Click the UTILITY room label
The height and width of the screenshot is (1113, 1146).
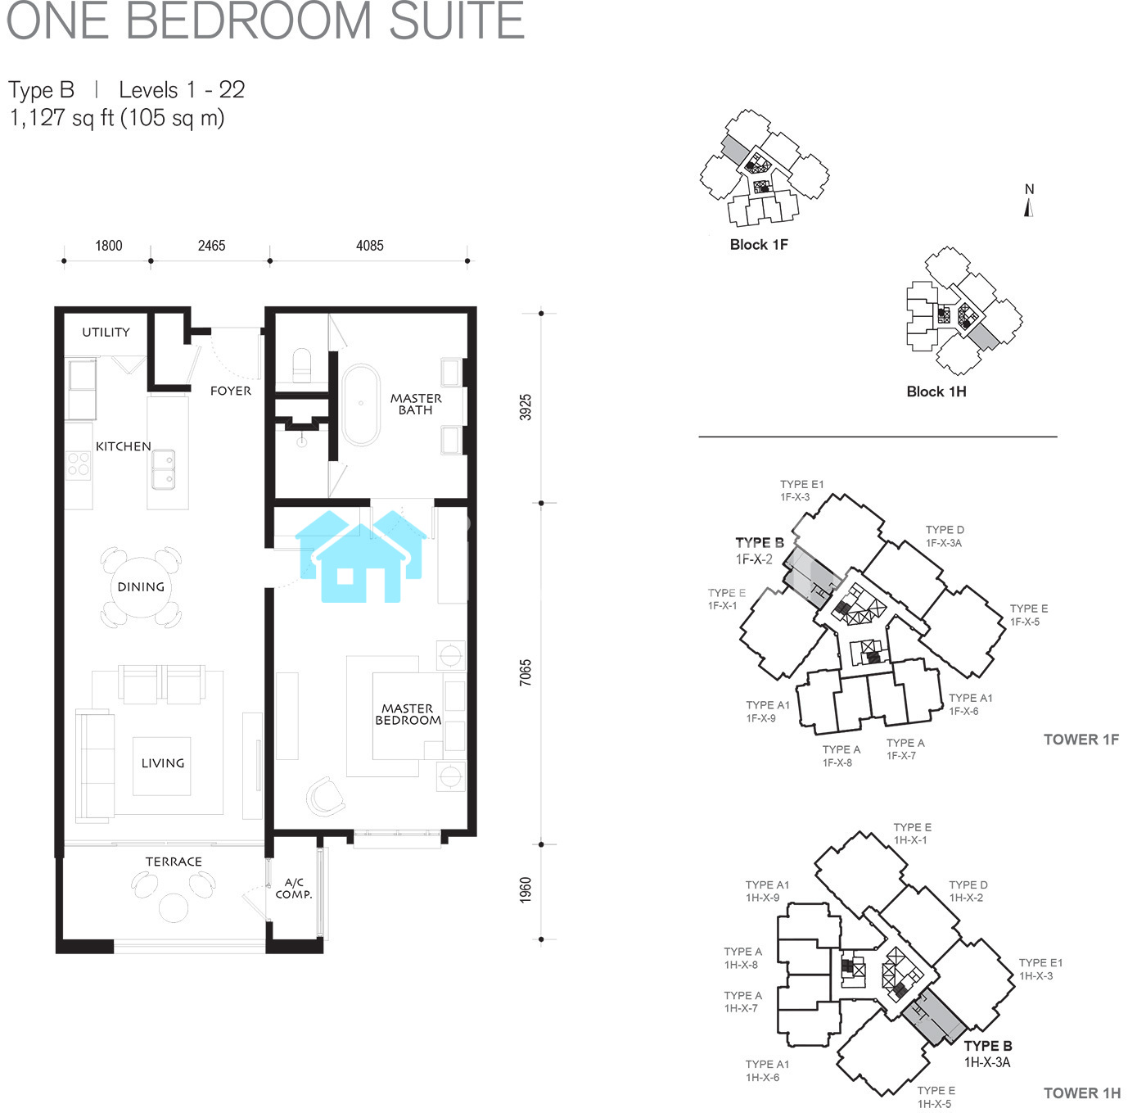coord(106,333)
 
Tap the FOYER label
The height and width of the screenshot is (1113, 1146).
coord(231,391)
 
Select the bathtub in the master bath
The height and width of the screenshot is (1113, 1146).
coord(361,405)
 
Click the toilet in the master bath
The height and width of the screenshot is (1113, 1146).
coord(301,366)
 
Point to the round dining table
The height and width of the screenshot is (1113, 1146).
coord(141,587)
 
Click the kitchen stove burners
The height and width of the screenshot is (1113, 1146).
coord(79,463)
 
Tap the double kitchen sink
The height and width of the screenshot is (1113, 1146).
coord(163,469)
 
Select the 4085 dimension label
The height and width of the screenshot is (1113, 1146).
coord(370,246)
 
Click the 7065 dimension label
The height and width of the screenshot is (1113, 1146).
coord(526,673)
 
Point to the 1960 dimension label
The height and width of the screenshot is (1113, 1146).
coord(526,890)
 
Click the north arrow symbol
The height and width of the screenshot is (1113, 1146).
coord(1029,208)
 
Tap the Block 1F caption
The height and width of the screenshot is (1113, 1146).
coord(759,245)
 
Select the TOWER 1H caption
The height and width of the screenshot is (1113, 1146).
coord(1082,1093)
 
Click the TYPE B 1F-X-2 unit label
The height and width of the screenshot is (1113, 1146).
coord(759,551)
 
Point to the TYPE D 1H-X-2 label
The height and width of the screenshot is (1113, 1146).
coord(968,891)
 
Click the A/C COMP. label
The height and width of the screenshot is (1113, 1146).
coord(294,888)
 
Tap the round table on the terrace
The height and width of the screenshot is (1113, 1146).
coord(174,908)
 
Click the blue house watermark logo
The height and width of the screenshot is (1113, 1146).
coord(361,556)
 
